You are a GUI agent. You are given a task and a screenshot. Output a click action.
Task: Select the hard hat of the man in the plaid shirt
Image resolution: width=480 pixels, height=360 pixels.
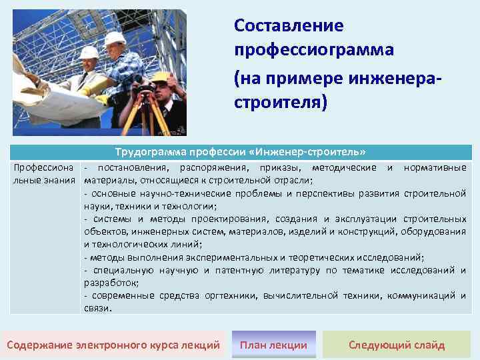(x=115, y=38)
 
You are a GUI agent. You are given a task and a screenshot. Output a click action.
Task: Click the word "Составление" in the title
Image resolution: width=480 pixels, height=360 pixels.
(x=289, y=26)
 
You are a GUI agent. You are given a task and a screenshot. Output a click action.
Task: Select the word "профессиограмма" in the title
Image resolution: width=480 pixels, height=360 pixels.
(x=314, y=50)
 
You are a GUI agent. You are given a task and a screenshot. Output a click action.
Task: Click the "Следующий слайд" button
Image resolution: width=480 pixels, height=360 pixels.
(x=397, y=345)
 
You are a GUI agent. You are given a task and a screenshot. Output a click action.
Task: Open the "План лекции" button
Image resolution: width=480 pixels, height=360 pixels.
(x=273, y=345)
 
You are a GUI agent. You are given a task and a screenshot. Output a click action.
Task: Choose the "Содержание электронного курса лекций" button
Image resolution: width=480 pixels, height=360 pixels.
(x=113, y=345)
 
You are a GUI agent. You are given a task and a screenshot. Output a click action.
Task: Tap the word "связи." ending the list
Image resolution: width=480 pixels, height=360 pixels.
(x=98, y=308)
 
